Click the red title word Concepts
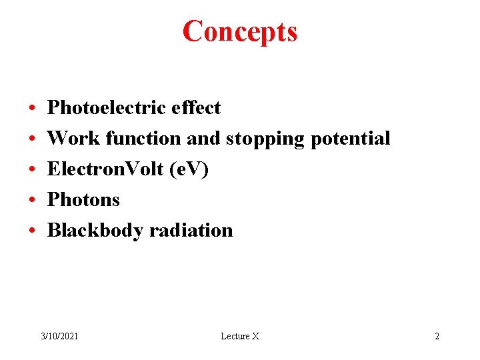(x=240, y=31)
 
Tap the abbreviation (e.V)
(x=189, y=169)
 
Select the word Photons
(x=83, y=199)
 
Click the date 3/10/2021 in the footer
(x=59, y=336)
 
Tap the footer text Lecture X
(x=239, y=336)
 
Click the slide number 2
(x=437, y=336)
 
